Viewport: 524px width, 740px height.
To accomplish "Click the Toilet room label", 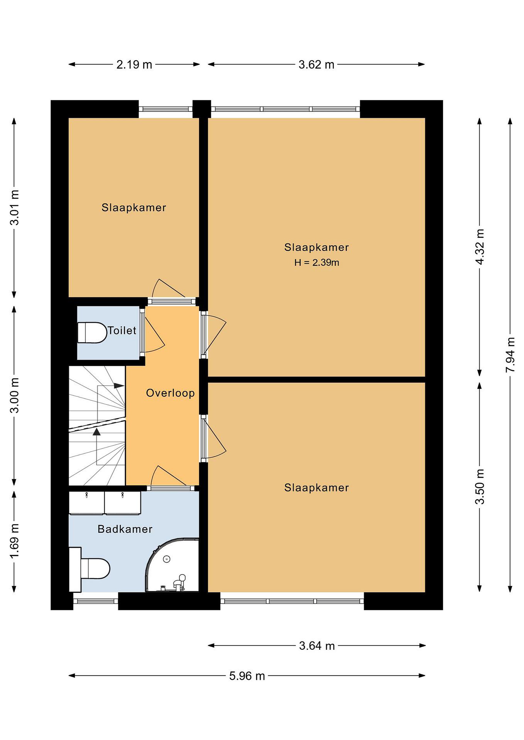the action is pos(122,331).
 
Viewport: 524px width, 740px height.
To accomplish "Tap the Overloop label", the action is pos(170,393).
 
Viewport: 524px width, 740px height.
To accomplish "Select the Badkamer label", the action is pos(125,529).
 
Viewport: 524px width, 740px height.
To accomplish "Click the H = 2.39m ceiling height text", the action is pos(316,263).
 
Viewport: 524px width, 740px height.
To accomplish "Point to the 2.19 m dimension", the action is pos(134,65).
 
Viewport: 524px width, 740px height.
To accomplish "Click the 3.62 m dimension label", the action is pos(316,65).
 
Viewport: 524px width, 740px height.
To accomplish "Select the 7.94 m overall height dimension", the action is pos(510,355).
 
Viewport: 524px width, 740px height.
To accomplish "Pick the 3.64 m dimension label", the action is pos(317,646).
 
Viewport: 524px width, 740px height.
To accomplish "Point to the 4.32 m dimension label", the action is pos(480,247).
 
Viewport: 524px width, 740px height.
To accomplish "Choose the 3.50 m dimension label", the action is pos(480,487).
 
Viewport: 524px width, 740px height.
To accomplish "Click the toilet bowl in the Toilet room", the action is pos(92,332).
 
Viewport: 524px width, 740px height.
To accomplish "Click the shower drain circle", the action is pos(167,559).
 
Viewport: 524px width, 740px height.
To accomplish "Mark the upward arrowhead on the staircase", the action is pos(96,432).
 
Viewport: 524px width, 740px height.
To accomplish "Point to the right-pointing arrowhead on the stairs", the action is pos(119,385).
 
